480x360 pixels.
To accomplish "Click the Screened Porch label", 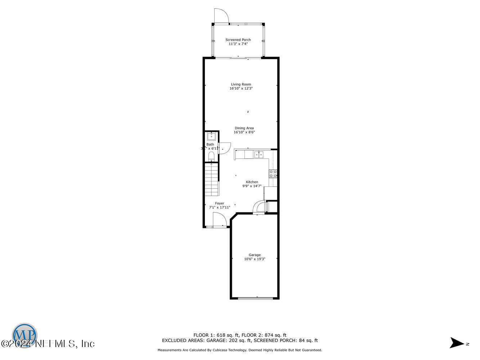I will pyautogui.click(x=238, y=40).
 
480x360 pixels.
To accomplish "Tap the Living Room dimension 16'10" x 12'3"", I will pyautogui.click(x=241, y=88).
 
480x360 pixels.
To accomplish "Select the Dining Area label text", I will pyautogui.click(x=244, y=128).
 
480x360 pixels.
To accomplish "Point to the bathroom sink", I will pyautogui.click(x=211, y=136).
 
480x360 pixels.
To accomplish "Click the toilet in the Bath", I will pyautogui.click(x=211, y=156).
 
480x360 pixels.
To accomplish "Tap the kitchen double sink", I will pyautogui.click(x=259, y=154).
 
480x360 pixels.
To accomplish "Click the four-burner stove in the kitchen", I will pyautogui.click(x=273, y=174).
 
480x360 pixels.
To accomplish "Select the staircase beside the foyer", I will pyautogui.click(x=211, y=179).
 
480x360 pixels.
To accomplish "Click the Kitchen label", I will pyautogui.click(x=252, y=182).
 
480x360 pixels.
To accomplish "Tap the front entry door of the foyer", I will pyautogui.click(x=219, y=220).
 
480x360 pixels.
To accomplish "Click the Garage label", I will pyautogui.click(x=255, y=255).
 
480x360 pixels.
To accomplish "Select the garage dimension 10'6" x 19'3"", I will pyautogui.click(x=255, y=259).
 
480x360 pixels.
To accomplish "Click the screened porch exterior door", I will pyautogui.click(x=221, y=16).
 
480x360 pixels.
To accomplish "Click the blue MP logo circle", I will pyautogui.click(x=24, y=335).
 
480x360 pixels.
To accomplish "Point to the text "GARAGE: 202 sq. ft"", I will pyautogui.click(x=228, y=341).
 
